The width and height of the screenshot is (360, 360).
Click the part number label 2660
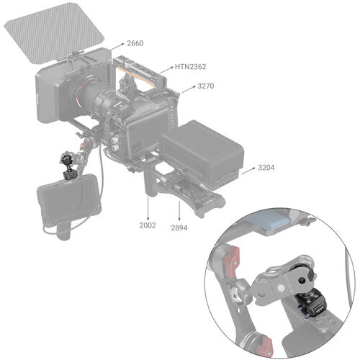pos(135,43)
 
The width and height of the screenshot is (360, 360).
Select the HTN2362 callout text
pos(190,67)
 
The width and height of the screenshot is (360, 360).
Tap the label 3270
pos(206,86)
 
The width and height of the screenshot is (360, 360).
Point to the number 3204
pos(266,168)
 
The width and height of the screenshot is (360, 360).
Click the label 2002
pos(148,225)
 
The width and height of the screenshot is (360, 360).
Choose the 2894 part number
pos(179,228)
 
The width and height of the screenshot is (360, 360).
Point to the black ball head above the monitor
pos(66,159)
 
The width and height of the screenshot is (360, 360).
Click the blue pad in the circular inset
pos(271,222)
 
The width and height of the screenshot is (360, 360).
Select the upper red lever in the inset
pos(232,258)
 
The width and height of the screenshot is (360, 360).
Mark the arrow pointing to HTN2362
pos(166,70)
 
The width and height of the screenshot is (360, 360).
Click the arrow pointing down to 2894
pos(179,210)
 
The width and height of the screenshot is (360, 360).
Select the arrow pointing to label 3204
pos(248,171)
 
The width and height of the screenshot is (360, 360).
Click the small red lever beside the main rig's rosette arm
pos(84,145)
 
